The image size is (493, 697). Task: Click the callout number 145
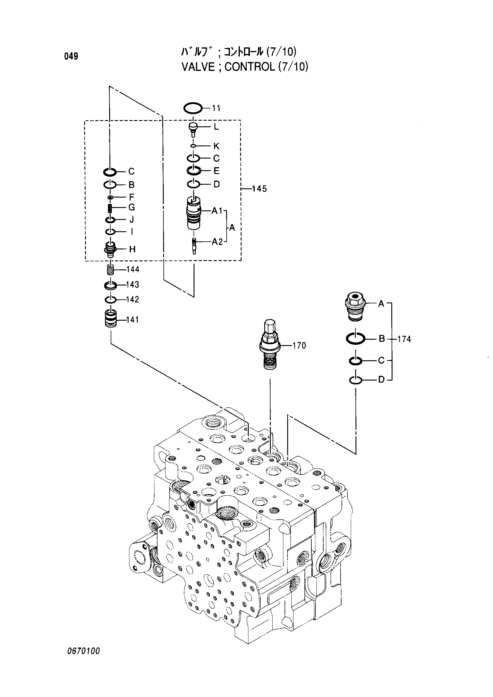259,189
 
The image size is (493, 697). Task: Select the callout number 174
404,339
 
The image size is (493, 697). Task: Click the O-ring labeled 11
193,108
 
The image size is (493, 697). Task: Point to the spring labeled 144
110,269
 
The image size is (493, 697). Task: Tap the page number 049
71,56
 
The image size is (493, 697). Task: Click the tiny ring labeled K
193,146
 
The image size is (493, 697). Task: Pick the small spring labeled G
110,208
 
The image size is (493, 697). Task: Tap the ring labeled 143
110,285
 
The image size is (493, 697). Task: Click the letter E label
216,171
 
